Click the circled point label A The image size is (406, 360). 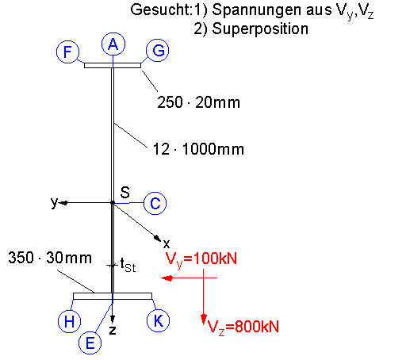(113, 44)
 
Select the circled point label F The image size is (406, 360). (67, 52)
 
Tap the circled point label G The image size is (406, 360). (158, 50)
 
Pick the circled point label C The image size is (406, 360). (155, 203)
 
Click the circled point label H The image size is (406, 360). (69, 321)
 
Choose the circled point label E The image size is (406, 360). (90, 343)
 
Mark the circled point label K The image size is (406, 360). (158, 320)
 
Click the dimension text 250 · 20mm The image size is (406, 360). (198, 102)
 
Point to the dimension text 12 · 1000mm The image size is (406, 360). (198, 149)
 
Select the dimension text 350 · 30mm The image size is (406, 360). (50, 258)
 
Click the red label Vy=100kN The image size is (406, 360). (201, 259)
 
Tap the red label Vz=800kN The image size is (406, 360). (243, 327)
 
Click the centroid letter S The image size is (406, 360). (125, 192)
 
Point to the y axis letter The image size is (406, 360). (54, 203)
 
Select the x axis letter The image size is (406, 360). (167, 244)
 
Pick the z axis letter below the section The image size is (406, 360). (113, 330)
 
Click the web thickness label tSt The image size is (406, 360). (128, 266)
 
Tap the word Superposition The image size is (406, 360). (260, 29)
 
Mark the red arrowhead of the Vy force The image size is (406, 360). (167, 278)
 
